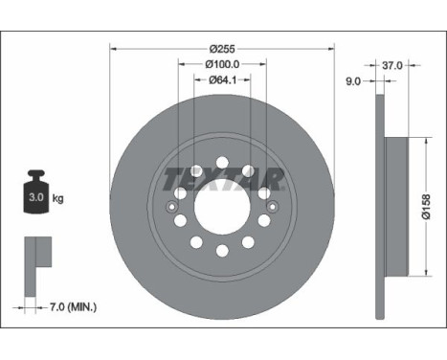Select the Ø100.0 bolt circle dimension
222,64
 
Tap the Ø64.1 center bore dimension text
222,80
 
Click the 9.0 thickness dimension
352,82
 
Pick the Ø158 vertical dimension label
427,205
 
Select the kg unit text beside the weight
58,199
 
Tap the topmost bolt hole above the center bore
222,162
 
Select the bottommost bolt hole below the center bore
222,251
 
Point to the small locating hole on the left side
172,206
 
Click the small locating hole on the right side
272,206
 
